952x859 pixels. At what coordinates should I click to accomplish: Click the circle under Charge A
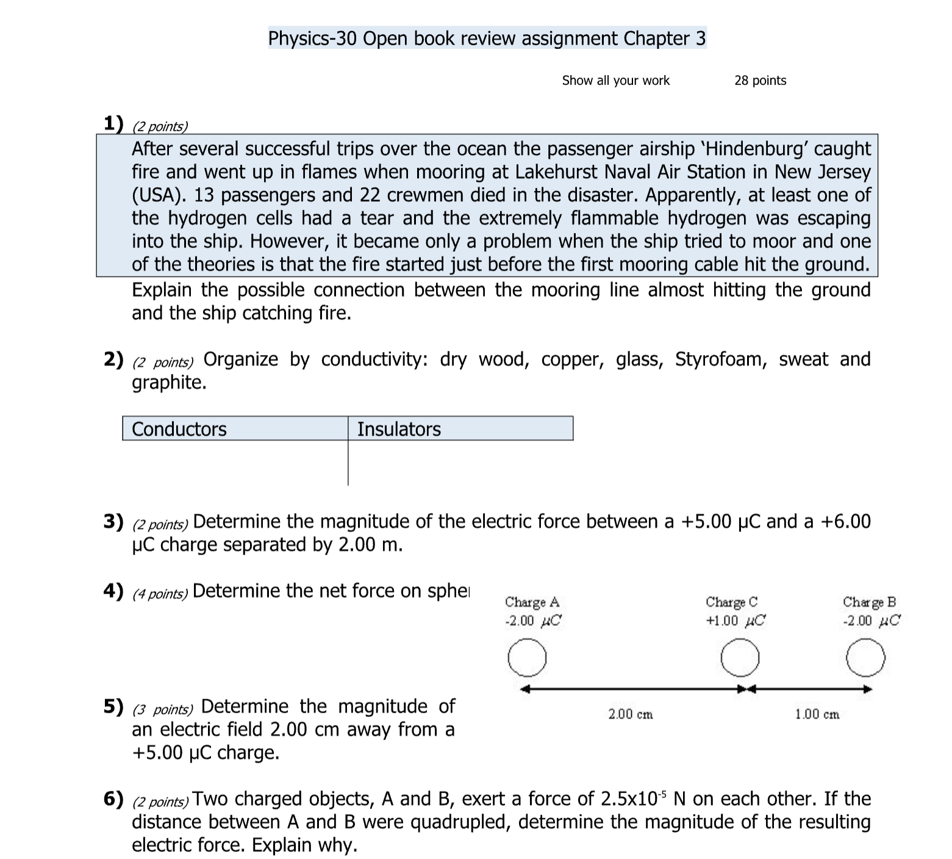526,658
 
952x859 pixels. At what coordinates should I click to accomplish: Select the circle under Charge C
740,658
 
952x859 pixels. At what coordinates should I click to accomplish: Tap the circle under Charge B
866,658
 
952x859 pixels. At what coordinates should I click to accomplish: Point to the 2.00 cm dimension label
631,714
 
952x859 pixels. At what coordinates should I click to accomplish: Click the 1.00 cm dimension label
817,714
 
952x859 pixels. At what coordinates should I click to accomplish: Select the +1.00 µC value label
735,621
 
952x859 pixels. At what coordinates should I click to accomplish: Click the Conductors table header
179,429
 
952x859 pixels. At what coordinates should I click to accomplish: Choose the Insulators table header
399,429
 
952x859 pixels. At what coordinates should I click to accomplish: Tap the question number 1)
113,124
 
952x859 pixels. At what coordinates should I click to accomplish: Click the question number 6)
113,799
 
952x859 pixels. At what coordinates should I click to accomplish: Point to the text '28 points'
760,81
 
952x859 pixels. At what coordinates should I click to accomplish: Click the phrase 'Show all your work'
615,81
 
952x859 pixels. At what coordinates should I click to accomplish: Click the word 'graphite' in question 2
166,383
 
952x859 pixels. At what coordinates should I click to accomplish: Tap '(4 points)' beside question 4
160,594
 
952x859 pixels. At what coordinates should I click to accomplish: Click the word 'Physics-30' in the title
312,38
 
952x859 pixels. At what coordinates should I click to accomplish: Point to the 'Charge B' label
869,602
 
